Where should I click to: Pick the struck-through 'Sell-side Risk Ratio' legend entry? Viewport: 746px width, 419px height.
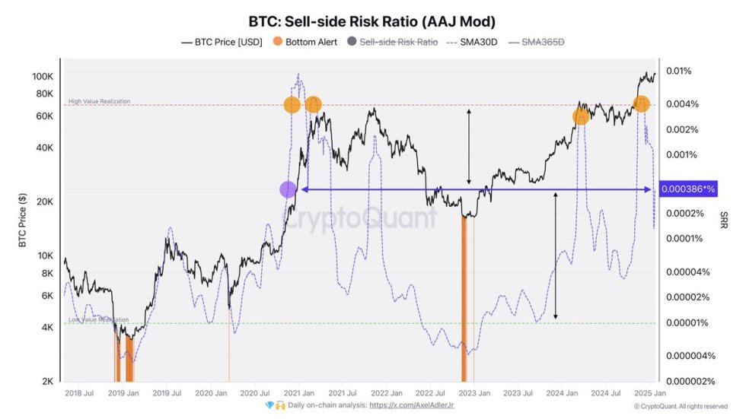(x=398, y=43)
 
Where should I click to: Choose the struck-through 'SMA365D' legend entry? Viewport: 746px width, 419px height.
(x=542, y=43)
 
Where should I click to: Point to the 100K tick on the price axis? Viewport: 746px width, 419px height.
(x=42, y=77)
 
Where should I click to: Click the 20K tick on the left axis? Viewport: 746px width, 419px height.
(x=43, y=202)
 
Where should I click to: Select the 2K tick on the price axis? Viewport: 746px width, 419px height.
(x=46, y=381)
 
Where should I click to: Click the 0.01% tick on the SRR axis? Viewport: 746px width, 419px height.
(x=678, y=71)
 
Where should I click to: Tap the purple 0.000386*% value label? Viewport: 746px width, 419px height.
(x=687, y=189)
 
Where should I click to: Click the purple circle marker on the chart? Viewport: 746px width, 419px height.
(x=288, y=189)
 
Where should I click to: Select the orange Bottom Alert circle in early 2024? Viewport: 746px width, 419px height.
(x=581, y=116)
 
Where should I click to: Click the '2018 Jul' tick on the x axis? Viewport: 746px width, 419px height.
(x=80, y=393)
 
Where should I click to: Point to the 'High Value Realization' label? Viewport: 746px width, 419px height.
(x=99, y=101)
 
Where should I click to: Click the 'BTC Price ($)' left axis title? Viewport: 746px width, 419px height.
(x=23, y=221)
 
